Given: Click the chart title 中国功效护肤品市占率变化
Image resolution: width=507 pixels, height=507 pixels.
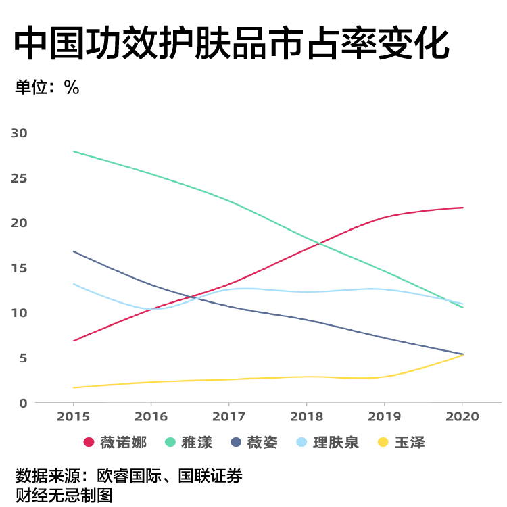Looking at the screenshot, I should (231, 45).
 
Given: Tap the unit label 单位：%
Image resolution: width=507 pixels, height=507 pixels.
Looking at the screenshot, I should (47, 87).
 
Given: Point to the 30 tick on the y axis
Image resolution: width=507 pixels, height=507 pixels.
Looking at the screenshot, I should (19, 132).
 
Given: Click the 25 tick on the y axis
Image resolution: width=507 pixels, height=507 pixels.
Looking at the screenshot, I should (19, 178).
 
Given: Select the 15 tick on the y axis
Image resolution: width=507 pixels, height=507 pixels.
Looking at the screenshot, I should (19, 268).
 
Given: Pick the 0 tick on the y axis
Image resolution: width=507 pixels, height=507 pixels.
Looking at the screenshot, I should (22, 403).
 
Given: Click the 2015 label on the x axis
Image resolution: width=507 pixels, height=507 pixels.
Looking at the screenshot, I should (73, 416).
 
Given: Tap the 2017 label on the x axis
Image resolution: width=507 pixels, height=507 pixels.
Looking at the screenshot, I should (229, 416).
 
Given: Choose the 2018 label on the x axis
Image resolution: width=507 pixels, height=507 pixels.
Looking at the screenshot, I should (307, 416).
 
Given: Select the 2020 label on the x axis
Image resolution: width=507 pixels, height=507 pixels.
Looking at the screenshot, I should (462, 416).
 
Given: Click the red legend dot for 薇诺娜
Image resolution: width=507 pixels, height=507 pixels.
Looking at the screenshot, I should (89, 443).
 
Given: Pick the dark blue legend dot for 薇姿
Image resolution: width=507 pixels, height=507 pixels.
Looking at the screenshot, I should (236, 443).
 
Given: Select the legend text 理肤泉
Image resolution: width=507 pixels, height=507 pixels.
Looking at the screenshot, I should (335, 443).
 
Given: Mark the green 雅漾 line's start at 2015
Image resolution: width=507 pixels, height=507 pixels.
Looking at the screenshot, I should (73, 151).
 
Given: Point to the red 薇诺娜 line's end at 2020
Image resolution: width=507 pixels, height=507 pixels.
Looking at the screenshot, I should (463, 208).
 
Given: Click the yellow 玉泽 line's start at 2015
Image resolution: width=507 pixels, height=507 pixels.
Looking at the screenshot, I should (73, 387).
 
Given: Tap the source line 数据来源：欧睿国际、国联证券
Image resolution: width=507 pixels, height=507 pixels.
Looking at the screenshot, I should (128, 476).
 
